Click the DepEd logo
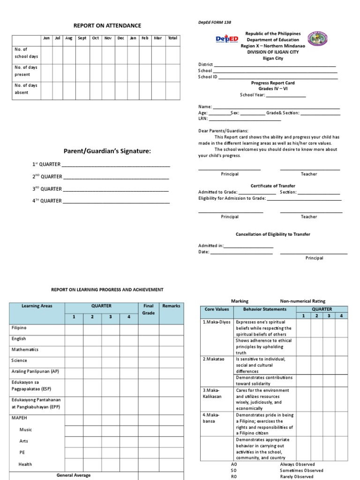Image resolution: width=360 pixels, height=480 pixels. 227,39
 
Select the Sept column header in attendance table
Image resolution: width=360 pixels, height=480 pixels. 82,38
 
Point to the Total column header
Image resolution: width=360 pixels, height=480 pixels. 172,38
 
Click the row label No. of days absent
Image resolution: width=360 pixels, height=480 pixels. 26,89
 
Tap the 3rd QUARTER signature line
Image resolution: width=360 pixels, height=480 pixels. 116,189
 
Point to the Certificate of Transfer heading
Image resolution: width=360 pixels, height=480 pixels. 273,186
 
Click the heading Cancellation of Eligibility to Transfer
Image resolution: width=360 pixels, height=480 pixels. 272,234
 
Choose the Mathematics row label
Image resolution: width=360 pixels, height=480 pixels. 25,350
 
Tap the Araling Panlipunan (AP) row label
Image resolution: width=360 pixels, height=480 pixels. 36,371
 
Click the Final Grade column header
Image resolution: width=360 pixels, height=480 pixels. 148,309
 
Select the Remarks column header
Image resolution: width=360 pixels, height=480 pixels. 171,306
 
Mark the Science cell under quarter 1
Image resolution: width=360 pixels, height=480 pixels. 74,361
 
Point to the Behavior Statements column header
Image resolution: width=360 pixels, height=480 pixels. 264,309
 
